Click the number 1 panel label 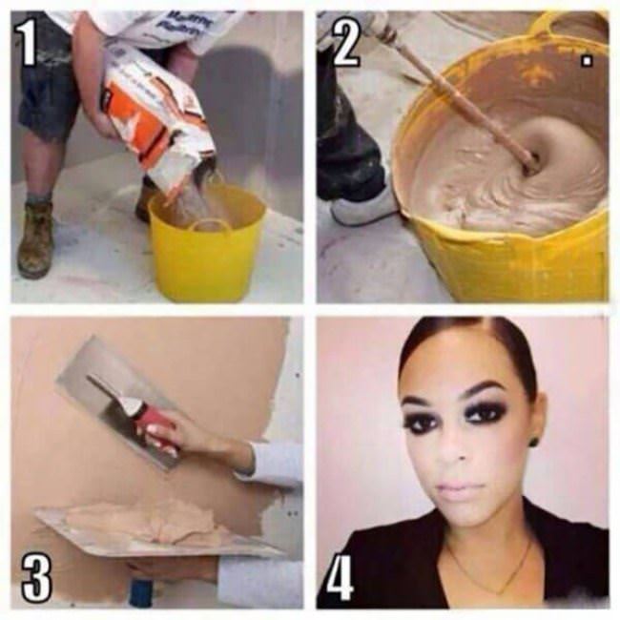[x=30, y=44]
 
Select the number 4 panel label [x=342, y=572]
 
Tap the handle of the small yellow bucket [x=213, y=226]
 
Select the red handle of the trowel [x=153, y=420]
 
